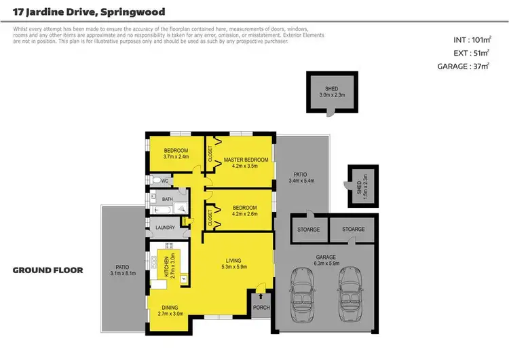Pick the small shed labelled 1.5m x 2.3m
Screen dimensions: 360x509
pos(362,185)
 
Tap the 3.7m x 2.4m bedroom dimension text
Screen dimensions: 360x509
pos(175,156)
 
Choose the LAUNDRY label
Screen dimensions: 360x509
pos(166,228)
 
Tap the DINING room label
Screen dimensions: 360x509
pos(170,307)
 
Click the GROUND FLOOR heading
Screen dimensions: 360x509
pos(48,270)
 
